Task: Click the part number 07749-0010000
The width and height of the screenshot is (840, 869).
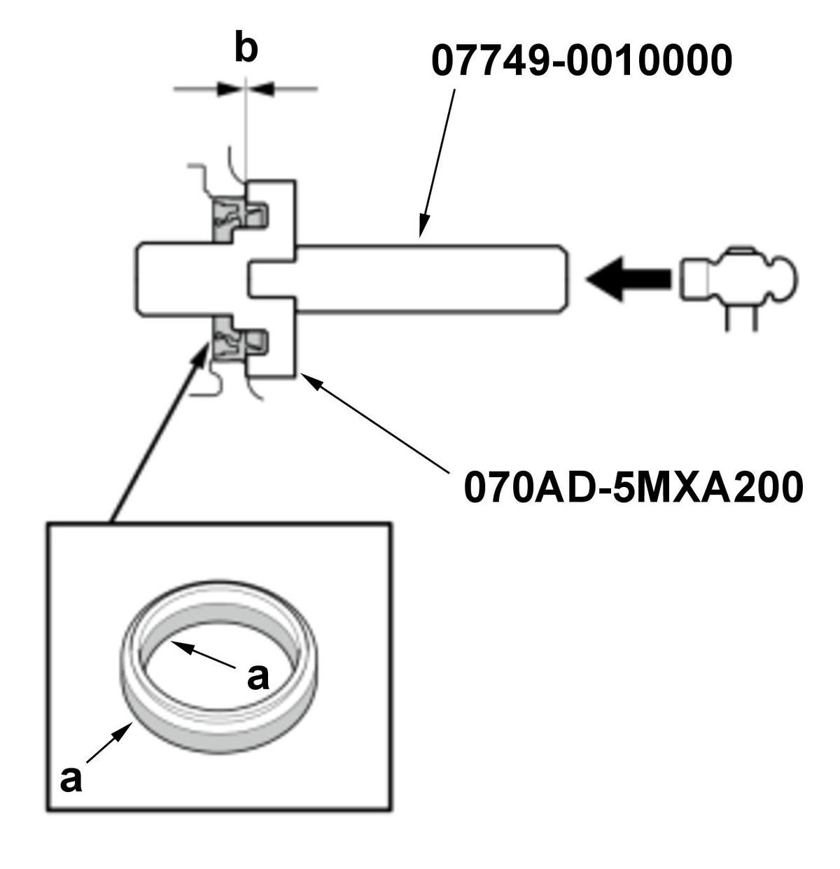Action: (581, 61)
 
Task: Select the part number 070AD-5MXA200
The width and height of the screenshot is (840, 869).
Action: (633, 487)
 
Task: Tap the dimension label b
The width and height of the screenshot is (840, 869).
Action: (246, 50)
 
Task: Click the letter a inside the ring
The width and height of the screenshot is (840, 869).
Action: (258, 677)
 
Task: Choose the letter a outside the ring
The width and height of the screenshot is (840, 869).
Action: (71, 779)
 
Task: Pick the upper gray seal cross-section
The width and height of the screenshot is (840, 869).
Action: (231, 216)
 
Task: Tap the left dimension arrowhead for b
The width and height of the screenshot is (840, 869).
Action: (231, 89)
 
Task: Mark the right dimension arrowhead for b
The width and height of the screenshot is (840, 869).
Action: (261, 89)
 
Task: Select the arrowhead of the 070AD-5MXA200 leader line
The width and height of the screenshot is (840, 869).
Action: (308, 379)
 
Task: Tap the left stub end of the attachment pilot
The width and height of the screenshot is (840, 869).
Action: (150, 278)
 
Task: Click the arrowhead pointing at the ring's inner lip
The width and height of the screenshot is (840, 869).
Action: (178, 644)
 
